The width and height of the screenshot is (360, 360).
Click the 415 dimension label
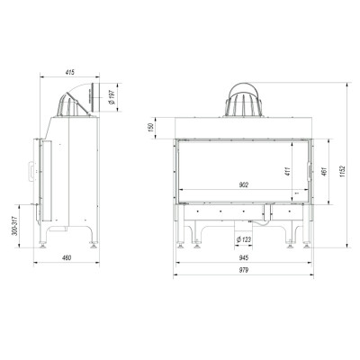click(x=69, y=72)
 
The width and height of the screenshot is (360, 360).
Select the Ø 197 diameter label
click(x=112, y=97)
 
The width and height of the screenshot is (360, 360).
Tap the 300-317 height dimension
click(x=14, y=226)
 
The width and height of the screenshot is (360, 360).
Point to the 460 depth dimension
click(x=67, y=258)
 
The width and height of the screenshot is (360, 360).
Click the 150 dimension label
click(x=151, y=128)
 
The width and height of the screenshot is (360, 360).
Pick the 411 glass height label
click(x=288, y=171)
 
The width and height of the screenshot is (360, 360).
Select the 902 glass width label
click(x=244, y=185)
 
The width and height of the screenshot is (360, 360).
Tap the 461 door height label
click(x=323, y=171)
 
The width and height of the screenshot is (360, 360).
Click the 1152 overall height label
click(x=343, y=171)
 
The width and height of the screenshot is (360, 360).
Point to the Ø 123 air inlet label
click(x=244, y=239)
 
